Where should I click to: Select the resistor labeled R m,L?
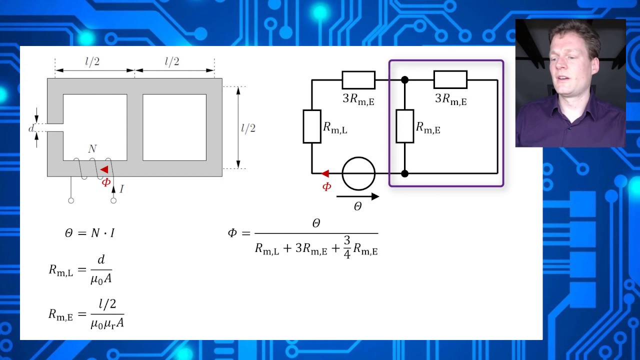pos(312,126)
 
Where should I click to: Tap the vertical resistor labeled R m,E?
pos(405,126)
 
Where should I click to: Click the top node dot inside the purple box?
pos(404,80)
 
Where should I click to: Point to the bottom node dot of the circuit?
pos(404,173)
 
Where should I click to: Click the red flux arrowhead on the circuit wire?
pos(325,173)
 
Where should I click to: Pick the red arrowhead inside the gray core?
pos(104,169)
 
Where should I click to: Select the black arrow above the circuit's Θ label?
pos(357,196)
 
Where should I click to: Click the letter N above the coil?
pos(92,149)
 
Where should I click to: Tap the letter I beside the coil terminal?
pos(121,189)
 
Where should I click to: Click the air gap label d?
pos(31,128)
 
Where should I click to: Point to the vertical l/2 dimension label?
pos(248,128)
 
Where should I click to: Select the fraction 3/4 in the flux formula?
pos(347,247)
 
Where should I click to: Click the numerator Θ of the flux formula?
pos(316,223)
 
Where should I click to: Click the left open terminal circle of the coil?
pos(71,200)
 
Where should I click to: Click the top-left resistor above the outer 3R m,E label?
pos(358,80)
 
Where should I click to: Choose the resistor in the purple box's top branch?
pos(450,79)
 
